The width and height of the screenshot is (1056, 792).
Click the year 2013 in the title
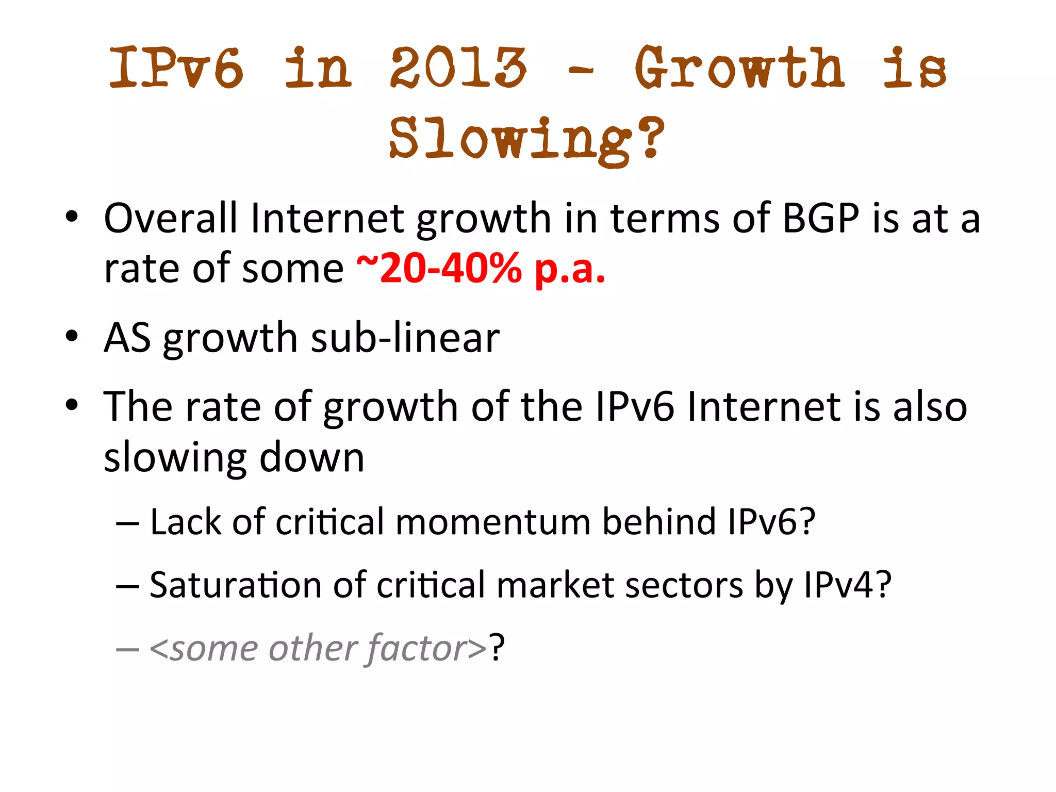(x=458, y=68)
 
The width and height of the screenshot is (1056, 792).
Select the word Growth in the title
(x=739, y=68)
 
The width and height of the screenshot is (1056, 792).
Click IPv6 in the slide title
(x=176, y=68)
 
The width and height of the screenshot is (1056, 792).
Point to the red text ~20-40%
(x=439, y=269)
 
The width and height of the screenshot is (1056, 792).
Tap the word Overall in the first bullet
(x=171, y=218)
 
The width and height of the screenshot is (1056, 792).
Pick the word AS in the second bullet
(x=127, y=338)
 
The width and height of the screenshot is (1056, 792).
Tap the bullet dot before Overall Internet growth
(x=72, y=217)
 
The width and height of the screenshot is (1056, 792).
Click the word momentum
(x=493, y=522)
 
